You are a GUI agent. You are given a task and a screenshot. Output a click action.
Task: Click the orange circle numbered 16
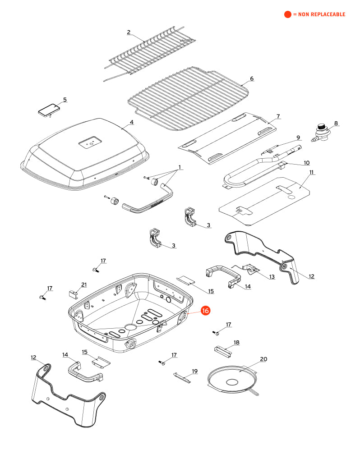point(205,311)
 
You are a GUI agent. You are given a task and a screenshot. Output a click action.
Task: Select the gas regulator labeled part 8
point(322,133)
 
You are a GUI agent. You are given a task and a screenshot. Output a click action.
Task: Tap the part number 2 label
point(129,32)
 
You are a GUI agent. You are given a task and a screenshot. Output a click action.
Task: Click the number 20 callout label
point(263,359)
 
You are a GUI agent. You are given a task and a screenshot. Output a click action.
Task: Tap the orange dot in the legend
point(287,14)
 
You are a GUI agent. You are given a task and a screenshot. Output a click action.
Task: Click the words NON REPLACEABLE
point(321,14)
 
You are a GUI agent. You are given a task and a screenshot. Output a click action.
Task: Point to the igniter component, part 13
point(252,269)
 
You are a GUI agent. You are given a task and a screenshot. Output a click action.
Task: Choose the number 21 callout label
point(83,284)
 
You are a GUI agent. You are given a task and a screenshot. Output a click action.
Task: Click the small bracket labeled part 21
point(74,294)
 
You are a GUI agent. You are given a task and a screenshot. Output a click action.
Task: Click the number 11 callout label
point(312,173)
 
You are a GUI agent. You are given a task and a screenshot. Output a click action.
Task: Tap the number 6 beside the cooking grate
point(252,78)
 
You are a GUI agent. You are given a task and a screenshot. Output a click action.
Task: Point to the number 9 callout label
point(298,137)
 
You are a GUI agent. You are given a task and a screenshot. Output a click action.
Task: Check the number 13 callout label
point(272,276)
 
